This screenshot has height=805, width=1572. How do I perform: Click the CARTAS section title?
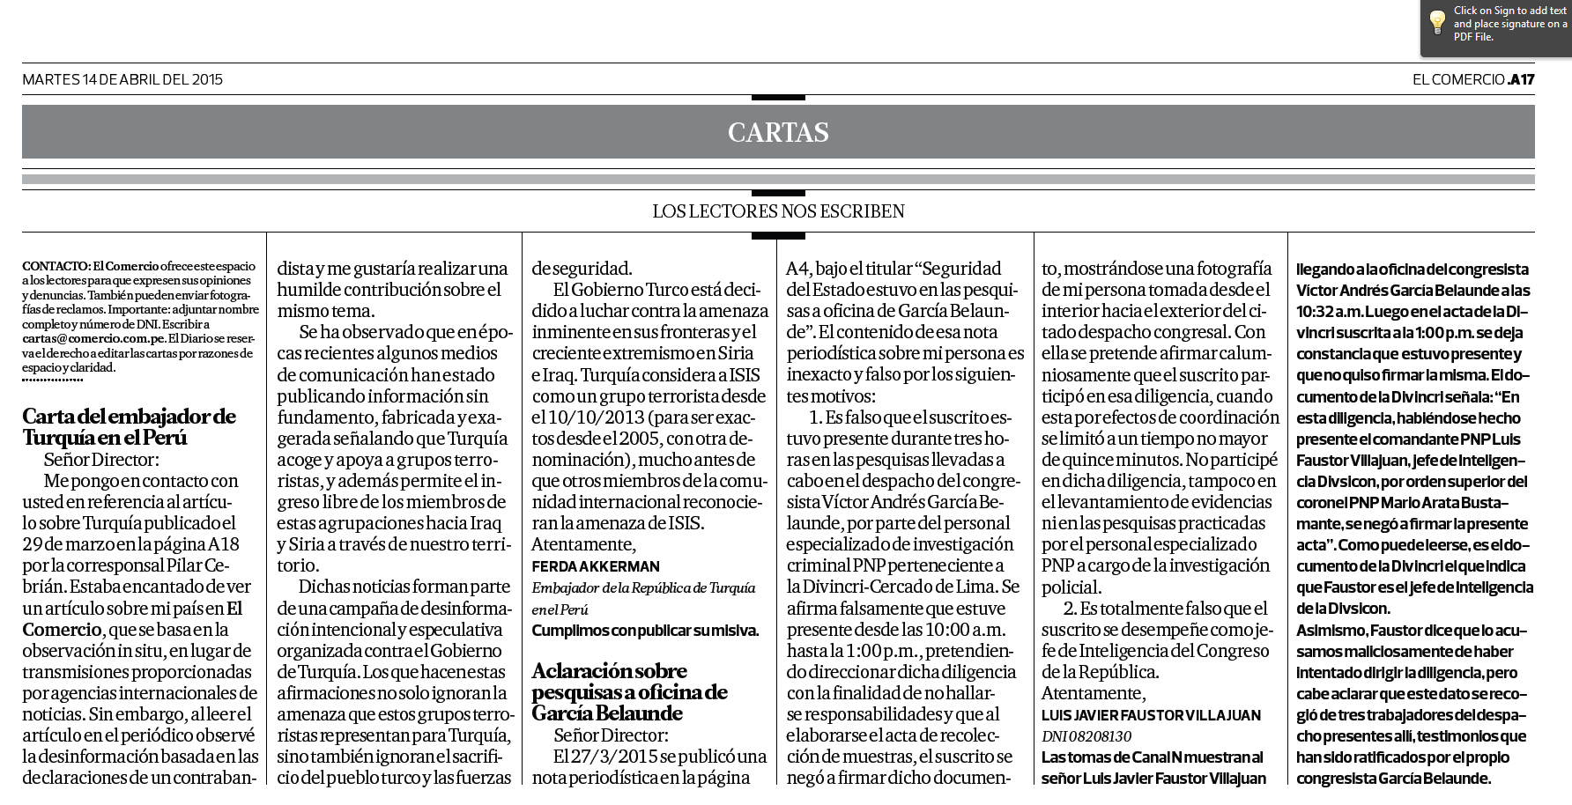[x=778, y=132]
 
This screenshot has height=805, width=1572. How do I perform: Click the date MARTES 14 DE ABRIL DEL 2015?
[x=122, y=79]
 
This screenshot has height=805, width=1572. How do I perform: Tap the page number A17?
[x=1521, y=79]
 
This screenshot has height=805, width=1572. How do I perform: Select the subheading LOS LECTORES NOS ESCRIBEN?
[x=778, y=211]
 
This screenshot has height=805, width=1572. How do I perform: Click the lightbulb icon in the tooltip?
[x=1436, y=22]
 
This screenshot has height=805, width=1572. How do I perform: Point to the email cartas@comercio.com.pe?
[x=93, y=337]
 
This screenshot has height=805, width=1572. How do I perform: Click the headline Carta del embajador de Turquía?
[x=129, y=426]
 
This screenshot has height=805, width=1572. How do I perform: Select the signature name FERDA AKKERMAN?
[x=596, y=566]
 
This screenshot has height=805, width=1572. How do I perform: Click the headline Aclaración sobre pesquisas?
[x=629, y=692]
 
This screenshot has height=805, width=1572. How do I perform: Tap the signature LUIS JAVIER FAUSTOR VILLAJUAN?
[x=1151, y=715]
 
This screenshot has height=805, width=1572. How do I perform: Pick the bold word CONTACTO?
[x=56, y=265]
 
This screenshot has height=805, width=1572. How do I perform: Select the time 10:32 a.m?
[x=1333, y=312]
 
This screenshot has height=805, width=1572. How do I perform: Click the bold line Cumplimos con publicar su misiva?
[x=645, y=631]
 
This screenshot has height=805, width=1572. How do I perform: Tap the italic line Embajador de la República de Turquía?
[x=643, y=587]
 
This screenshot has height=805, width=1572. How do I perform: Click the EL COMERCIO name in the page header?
[x=1458, y=79]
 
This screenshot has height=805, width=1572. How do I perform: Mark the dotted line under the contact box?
[x=52, y=381]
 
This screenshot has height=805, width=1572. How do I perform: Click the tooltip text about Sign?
[x=1509, y=24]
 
